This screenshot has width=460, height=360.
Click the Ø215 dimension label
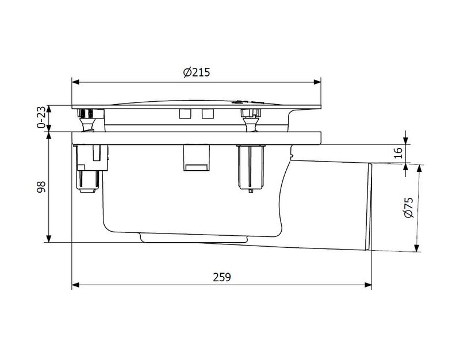(x=197, y=72)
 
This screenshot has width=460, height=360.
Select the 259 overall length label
(x=222, y=277)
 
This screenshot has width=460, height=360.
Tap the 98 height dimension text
(x=41, y=186)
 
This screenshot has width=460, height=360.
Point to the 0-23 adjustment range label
(x=41, y=117)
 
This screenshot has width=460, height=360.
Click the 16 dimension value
(x=398, y=153)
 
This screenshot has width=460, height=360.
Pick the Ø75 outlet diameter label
(x=408, y=208)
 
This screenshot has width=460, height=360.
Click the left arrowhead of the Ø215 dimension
(x=75, y=82)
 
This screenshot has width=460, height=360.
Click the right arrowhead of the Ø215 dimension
(x=317, y=82)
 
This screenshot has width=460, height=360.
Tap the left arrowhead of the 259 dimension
(x=75, y=285)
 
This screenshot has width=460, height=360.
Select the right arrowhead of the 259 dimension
(x=368, y=285)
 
